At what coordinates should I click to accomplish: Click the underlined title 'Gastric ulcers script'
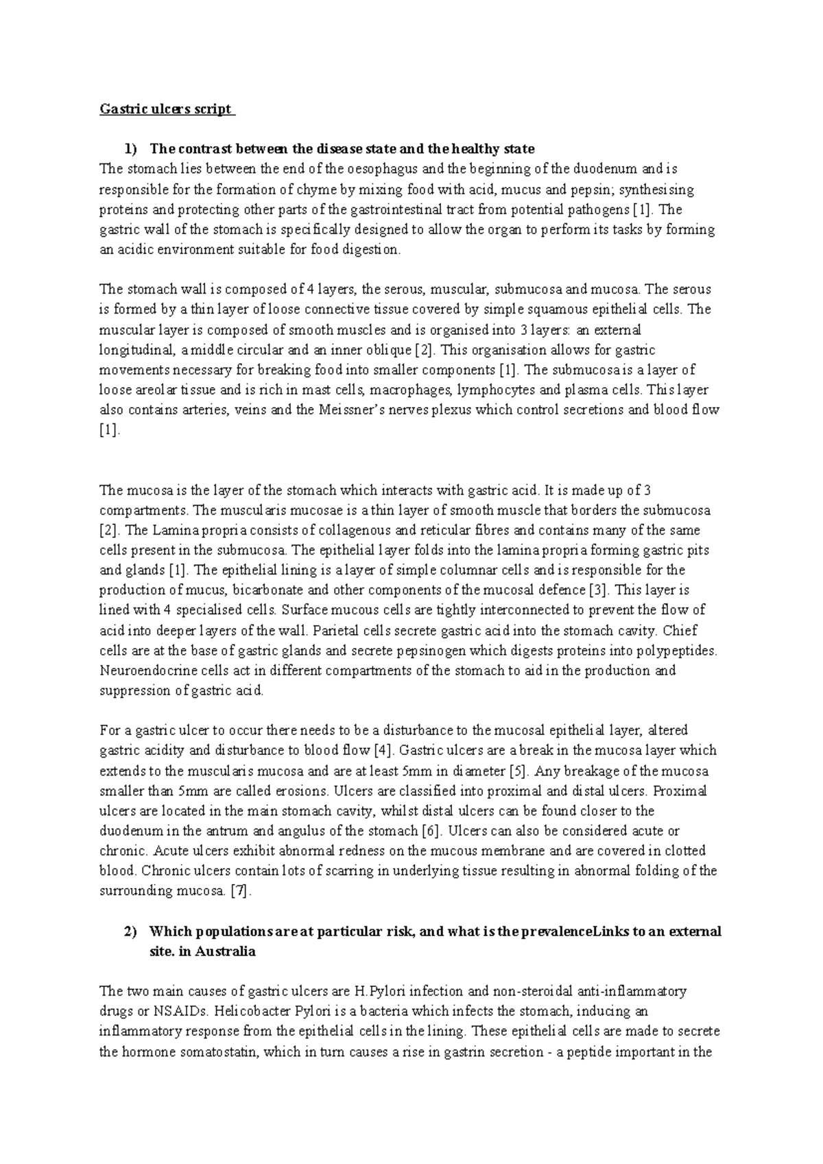[167, 109]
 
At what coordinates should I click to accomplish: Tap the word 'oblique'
[393, 350]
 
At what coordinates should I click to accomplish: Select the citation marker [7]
[240, 892]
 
